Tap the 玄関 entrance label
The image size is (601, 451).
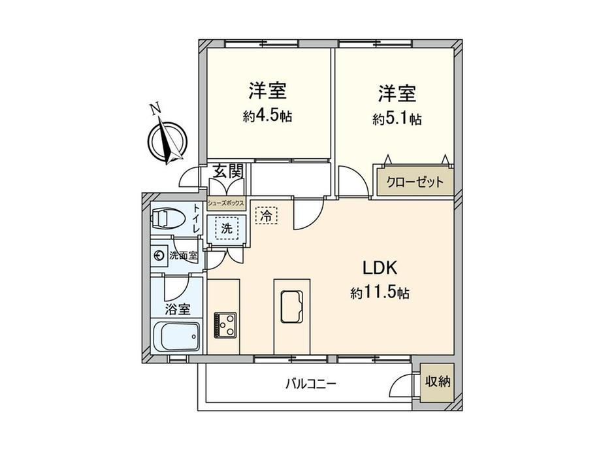coord(228,171)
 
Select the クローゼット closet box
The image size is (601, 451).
coord(415,182)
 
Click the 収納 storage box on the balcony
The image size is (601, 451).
coord(437,382)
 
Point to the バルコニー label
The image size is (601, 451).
coord(310,384)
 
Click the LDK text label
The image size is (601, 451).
coord(380,268)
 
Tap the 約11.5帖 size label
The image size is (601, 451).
coord(380,293)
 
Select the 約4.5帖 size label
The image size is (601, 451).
coord(268,116)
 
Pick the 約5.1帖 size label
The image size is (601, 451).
coord(397,119)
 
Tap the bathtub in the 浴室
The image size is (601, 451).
coord(176,337)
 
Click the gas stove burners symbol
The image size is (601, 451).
coord(225,326)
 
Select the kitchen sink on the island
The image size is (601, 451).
coord(292,307)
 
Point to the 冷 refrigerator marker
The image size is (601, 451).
coord(266,216)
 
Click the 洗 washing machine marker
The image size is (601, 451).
coord(227,229)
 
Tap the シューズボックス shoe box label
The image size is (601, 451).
coord(226,204)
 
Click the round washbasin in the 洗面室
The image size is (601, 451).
coord(159,256)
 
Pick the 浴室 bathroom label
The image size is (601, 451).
coord(178,309)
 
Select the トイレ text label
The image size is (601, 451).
coord(196,219)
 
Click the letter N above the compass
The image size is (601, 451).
coord(155,109)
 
